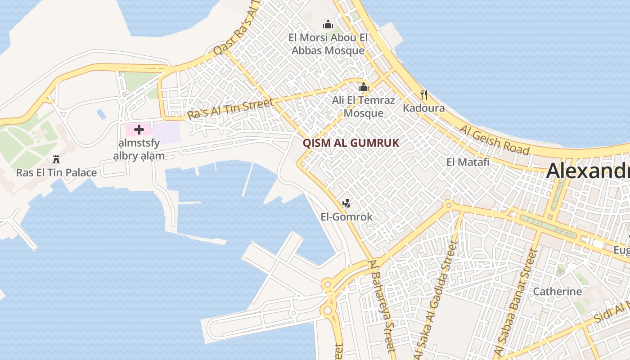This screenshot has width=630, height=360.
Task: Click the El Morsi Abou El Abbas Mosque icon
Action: tap(328, 24)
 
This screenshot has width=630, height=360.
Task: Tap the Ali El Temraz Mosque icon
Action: tap(364, 87)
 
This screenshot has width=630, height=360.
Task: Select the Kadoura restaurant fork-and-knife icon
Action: tap(423, 95)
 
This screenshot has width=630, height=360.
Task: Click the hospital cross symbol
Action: tap(139, 130)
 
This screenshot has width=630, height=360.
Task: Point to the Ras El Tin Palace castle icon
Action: tap(56, 159)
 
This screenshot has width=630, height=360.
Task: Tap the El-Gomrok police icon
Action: tap(346, 203)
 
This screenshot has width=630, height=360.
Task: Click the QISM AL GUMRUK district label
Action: tap(351, 143)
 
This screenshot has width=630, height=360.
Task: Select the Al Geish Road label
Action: tap(494, 139)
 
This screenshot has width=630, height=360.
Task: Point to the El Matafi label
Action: tap(468, 162)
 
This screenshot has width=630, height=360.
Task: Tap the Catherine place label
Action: tap(557, 292)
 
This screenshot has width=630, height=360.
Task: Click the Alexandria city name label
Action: tap(588, 171)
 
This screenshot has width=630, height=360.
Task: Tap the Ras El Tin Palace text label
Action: tap(56, 172)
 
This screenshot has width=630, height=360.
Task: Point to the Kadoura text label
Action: tap(423, 108)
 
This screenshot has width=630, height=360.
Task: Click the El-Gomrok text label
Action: tap(346, 217)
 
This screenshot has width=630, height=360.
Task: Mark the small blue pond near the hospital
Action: tap(102, 114)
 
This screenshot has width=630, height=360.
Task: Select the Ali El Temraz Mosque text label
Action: tap(364, 107)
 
